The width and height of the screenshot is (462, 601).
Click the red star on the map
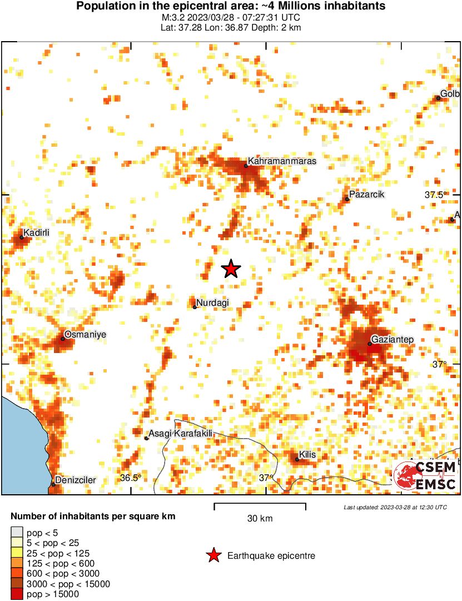pyautogui.click(x=231, y=269)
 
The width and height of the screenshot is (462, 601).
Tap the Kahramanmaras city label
pyautogui.click(x=282, y=161)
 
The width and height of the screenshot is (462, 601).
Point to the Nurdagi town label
pyautogui.click(x=213, y=302)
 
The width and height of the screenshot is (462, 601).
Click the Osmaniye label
pyautogui.click(x=86, y=335)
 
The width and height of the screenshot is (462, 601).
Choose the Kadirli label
pyautogui.click(x=37, y=234)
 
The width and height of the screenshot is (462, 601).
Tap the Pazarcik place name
pyautogui.click(x=367, y=195)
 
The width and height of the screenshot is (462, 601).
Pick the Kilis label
pyautogui.click(x=307, y=455)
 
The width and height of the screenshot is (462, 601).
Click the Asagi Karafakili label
pyautogui.click(x=181, y=434)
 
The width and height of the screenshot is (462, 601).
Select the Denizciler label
pyautogui.click(x=76, y=480)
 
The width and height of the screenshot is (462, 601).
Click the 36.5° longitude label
pyautogui.click(x=131, y=478)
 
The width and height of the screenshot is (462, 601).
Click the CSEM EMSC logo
pyautogui.click(x=426, y=476)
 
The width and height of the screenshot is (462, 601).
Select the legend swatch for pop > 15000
pyautogui.click(x=17, y=594)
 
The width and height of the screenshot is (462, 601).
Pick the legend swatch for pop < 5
pyautogui.click(x=17, y=533)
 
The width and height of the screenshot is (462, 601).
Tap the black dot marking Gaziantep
pyautogui.click(x=370, y=344)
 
